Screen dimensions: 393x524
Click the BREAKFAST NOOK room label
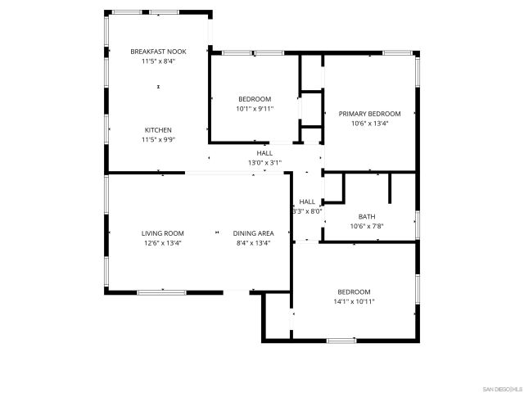pos(158,52)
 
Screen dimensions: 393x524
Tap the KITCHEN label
pos(158,130)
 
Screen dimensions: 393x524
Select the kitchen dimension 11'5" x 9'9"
pos(158,140)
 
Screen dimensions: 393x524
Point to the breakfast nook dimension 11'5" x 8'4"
pos(158,61)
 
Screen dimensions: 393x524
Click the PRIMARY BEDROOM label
pos(369,114)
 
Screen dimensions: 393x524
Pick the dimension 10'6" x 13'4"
pos(369,124)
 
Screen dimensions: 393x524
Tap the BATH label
pos(366,216)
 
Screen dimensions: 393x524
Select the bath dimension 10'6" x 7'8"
pos(366,226)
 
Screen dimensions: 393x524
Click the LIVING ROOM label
pos(162,233)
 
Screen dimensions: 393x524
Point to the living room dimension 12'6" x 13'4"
pos(162,243)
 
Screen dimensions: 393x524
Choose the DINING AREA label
pos(253,233)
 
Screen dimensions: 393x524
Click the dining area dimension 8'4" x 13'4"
pos(253,243)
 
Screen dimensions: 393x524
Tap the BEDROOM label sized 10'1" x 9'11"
pos(255,99)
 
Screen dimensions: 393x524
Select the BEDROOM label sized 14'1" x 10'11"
pos(354,291)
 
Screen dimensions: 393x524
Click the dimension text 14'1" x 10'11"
pos(354,301)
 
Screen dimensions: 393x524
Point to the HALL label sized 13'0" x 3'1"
pos(264,153)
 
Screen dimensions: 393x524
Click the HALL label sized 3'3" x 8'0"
pos(307,201)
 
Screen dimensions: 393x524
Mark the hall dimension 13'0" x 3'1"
pos(264,163)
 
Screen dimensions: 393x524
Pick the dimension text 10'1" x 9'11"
pos(255,109)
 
